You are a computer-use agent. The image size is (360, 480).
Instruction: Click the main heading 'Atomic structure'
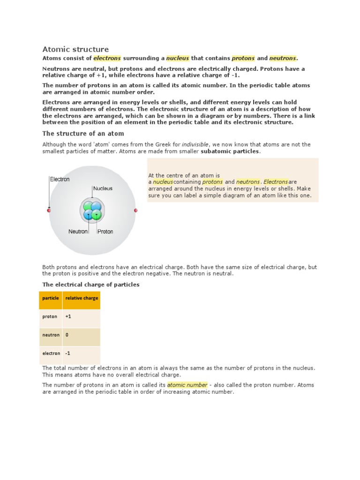(75, 49)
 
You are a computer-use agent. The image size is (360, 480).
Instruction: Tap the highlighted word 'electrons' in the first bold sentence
(107, 58)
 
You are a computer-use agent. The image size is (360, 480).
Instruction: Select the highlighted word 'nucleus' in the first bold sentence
(178, 58)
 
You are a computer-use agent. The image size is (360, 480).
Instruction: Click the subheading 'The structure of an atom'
(83, 134)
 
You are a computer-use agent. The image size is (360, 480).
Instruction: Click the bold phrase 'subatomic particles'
(230, 151)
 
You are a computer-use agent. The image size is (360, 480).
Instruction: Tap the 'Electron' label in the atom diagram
(60, 179)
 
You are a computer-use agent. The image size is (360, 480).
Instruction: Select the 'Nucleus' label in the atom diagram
(103, 188)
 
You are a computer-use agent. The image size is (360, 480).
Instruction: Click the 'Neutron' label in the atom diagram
(78, 232)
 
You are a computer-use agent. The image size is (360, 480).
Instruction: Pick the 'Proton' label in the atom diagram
(105, 232)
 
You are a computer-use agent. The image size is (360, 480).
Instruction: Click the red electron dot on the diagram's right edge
(136, 210)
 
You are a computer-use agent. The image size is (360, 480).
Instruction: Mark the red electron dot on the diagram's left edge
(49, 210)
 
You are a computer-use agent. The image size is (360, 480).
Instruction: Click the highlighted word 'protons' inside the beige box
(212, 182)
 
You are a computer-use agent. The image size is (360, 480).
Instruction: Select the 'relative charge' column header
(82, 298)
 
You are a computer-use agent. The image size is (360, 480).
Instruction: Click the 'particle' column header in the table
(51, 298)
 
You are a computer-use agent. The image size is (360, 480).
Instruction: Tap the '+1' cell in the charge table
(68, 316)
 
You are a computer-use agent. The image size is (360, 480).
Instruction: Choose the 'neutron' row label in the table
(51, 335)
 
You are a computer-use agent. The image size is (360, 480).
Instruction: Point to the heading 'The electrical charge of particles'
(91, 285)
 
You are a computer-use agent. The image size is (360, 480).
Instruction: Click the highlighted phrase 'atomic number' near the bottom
(187, 385)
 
